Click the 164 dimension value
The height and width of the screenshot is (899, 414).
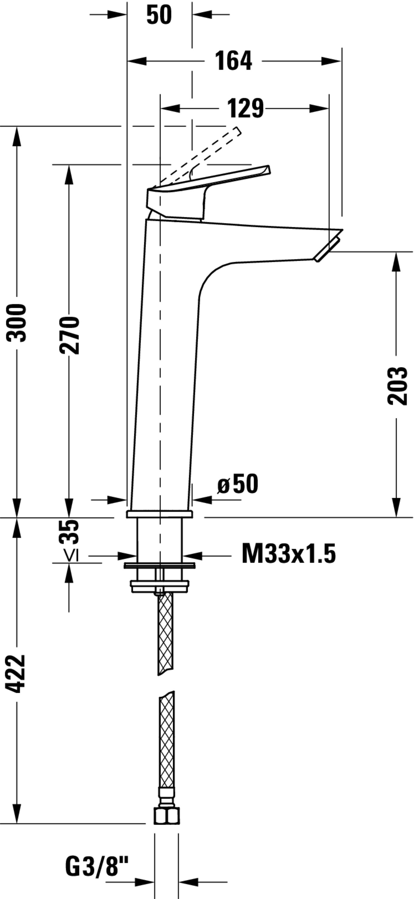click(233, 61)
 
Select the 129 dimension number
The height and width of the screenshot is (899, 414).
click(246, 108)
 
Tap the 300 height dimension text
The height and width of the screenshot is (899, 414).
click(16, 322)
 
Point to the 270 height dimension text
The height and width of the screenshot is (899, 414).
click(69, 335)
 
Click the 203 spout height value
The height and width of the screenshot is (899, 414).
click(397, 386)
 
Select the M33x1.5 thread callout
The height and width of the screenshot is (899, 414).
click(289, 553)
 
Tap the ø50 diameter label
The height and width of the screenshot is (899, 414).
click(238, 484)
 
